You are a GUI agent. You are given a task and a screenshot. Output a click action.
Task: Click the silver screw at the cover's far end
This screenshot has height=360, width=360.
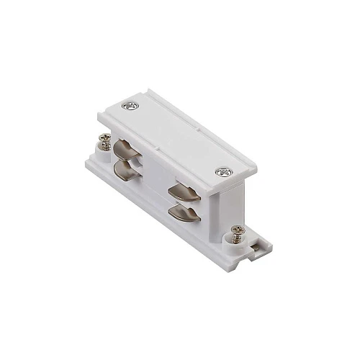click(x=130, y=106)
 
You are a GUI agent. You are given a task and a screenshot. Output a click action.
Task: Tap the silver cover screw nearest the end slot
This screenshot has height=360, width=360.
click(x=220, y=173)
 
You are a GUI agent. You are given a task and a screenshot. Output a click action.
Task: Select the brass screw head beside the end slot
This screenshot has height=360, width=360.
click(x=236, y=232)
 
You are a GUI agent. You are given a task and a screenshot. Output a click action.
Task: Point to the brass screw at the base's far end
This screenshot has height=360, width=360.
click(x=105, y=142)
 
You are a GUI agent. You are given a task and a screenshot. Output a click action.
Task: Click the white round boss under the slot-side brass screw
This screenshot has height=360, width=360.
click(x=235, y=242)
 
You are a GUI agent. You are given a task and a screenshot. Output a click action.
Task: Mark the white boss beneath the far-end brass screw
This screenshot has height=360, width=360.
click(x=105, y=150)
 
